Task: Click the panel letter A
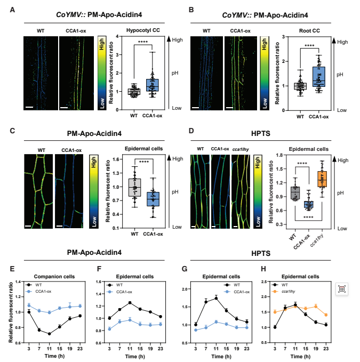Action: [x=12, y=10]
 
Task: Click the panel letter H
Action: [x=263, y=269]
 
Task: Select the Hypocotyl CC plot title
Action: [x=143, y=30]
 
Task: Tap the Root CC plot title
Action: [x=309, y=31]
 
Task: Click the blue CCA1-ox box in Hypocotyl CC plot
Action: [x=152, y=85]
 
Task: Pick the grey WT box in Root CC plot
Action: [x=300, y=86]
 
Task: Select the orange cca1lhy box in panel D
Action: [x=322, y=179]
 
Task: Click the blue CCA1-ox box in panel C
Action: [x=153, y=199]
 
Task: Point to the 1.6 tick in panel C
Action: [x=116, y=159]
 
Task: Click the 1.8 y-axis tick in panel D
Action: [x=279, y=155]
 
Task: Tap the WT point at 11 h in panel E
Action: [x=49, y=334]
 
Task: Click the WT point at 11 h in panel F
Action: [x=130, y=303]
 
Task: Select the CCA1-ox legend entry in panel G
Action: [x=237, y=292]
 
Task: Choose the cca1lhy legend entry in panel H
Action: [x=284, y=292]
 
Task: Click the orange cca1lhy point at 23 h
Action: [x=326, y=315]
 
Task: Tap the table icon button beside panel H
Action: [x=342, y=289]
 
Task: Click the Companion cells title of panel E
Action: [x=54, y=277]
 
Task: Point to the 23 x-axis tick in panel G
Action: [x=246, y=349]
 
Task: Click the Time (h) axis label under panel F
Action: [x=135, y=357]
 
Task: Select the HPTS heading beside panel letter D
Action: [x=261, y=133]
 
